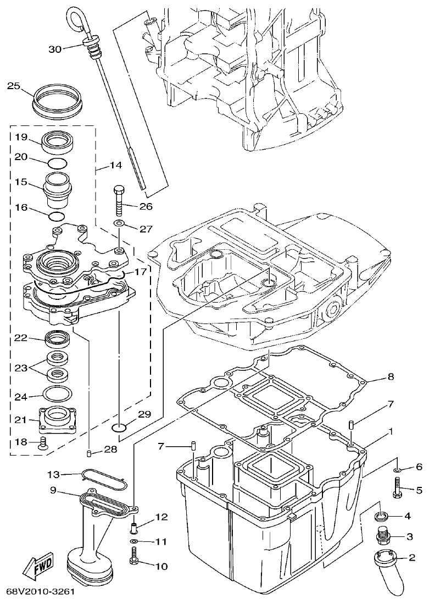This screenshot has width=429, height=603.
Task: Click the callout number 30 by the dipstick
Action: coord(55,49)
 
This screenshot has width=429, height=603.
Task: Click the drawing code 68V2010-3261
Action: coord(40,592)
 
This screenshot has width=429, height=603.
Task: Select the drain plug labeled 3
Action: coord(383,534)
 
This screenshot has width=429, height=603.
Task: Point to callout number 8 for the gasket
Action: coord(391,377)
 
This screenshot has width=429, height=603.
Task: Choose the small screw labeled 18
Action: coord(42,443)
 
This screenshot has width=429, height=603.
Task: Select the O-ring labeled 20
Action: coord(57,163)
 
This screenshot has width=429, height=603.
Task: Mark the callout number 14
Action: coord(116,165)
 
